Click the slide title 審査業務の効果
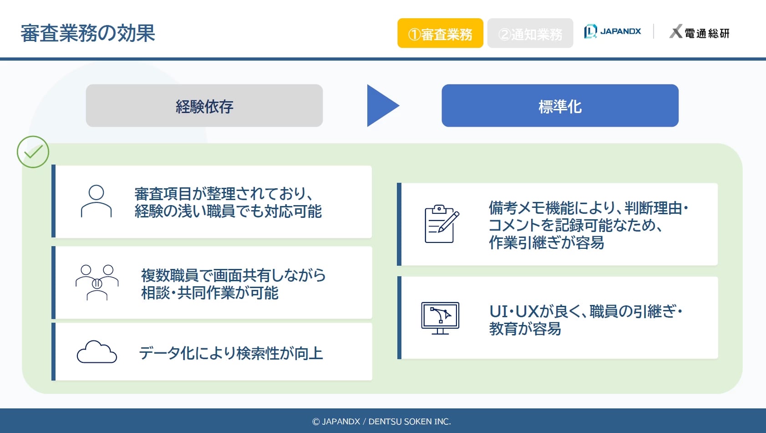[x=88, y=33]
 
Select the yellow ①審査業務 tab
[x=440, y=33]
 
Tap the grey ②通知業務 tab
[x=530, y=33]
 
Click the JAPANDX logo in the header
[x=613, y=31]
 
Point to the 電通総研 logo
[x=699, y=32]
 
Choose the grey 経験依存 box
[x=204, y=105]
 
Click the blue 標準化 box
[x=560, y=105]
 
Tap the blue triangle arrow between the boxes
[x=381, y=105]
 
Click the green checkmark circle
[x=33, y=152]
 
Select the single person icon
[x=96, y=201]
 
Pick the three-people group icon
[x=97, y=283]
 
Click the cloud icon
[x=97, y=352]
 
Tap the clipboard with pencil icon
[x=441, y=224]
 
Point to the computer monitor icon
[x=440, y=318]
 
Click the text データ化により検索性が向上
[x=231, y=353]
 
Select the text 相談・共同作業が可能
[x=210, y=293]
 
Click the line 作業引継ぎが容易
[x=546, y=242]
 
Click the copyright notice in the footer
[x=381, y=422]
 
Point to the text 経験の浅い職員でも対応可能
[x=228, y=211]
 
